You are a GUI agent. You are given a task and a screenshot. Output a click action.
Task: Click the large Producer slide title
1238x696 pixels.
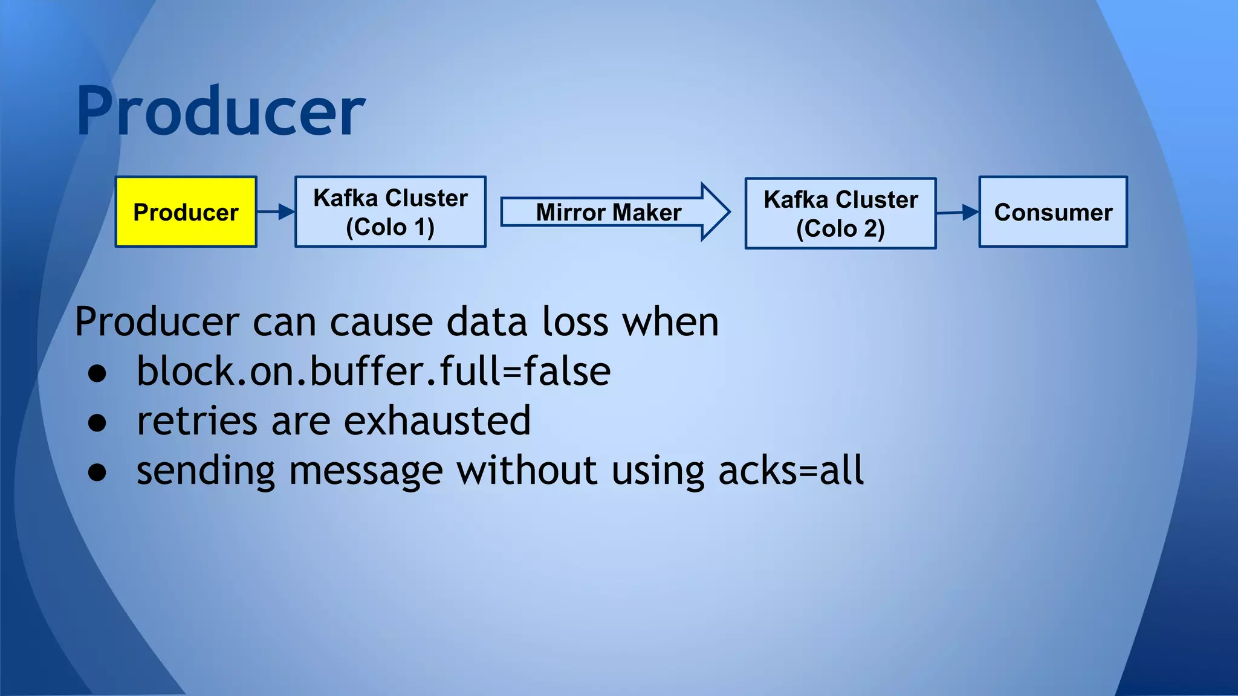tap(221, 112)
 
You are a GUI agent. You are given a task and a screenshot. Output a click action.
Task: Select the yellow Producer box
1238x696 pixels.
tap(186, 212)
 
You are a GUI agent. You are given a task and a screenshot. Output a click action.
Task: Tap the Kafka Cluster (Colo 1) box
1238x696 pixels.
tap(391, 212)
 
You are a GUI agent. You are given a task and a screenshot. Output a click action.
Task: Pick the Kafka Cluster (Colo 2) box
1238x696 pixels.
tap(840, 213)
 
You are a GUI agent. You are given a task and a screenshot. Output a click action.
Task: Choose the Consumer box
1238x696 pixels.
tap(1053, 212)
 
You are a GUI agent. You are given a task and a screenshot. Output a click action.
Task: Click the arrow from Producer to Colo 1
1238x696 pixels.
tap(276, 212)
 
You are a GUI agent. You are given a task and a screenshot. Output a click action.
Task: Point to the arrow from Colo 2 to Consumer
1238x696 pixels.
tap(958, 213)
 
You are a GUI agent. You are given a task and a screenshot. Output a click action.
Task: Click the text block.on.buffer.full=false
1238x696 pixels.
tap(374, 371)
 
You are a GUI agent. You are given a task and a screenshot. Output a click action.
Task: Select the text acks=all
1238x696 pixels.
tap(791, 471)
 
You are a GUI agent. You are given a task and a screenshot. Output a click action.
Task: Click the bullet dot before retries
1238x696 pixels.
tap(97, 424)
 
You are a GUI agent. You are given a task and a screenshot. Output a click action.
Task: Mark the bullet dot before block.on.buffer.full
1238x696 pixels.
tap(97, 374)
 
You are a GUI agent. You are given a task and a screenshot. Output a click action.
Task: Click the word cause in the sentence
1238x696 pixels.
tap(381, 323)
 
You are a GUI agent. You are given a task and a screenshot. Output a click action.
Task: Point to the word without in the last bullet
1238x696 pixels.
tap(527, 471)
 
